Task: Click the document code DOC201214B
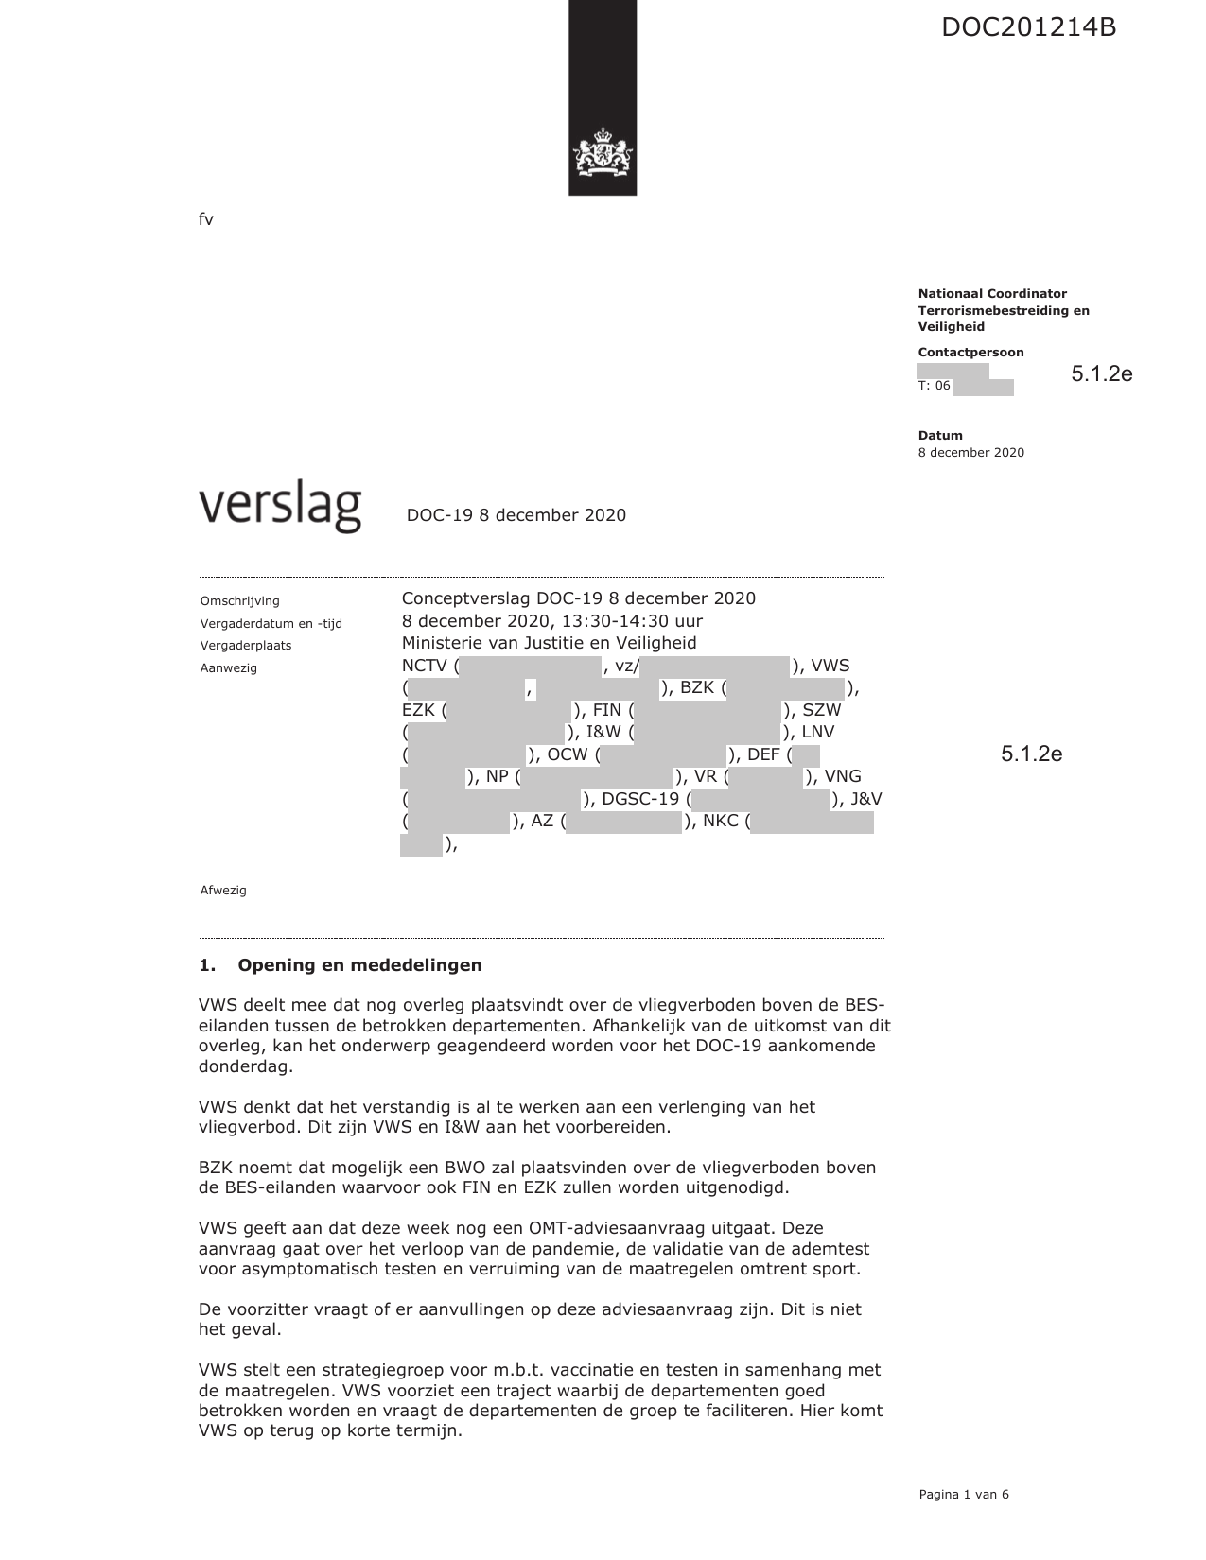pos(1028,27)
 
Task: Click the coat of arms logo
pos(602,155)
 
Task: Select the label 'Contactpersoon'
pos(970,353)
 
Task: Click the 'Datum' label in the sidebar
pos(940,436)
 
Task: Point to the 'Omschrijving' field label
pos(240,601)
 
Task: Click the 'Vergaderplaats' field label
pos(246,646)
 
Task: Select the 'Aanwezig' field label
pos(229,668)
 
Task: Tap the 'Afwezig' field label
pos(223,891)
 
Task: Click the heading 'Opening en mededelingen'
pos(359,965)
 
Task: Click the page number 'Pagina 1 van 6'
pos(964,1495)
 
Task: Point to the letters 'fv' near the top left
pos(206,220)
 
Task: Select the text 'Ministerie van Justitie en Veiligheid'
pos(549,643)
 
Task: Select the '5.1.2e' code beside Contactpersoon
pos(1101,374)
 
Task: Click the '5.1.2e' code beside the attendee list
pos(1031,754)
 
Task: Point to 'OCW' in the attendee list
pos(568,754)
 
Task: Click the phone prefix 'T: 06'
pos(934,386)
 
